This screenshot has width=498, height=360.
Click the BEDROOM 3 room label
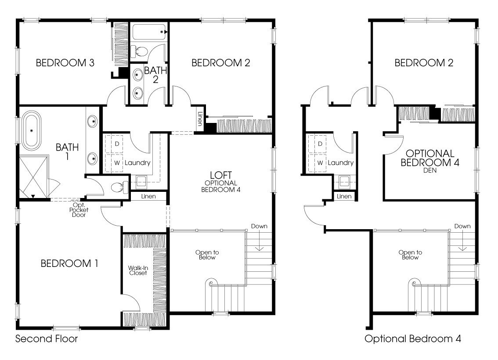point(65,63)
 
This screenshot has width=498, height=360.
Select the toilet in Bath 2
point(140,51)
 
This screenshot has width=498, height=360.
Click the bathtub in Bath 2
point(149,32)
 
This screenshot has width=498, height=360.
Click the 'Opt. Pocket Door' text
point(79,210)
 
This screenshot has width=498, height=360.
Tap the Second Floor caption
point(47,339)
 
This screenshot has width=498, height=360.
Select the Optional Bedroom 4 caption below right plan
point(412,339)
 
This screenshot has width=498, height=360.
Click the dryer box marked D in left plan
point(117,144)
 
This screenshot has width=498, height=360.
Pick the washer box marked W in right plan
point(320,163)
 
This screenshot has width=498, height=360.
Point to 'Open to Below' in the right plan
point(410,255)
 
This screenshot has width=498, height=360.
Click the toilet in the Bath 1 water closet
point(119,187)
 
